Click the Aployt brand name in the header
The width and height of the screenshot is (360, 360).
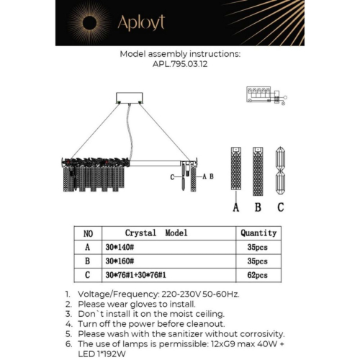143,22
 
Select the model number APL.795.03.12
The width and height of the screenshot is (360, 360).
179,63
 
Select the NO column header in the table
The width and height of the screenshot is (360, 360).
88,233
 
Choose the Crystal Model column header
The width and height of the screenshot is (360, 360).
156,233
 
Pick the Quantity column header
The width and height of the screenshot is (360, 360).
258,233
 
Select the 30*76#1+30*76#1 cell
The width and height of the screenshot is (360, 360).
136,274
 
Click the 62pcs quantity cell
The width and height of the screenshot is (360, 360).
257,274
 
